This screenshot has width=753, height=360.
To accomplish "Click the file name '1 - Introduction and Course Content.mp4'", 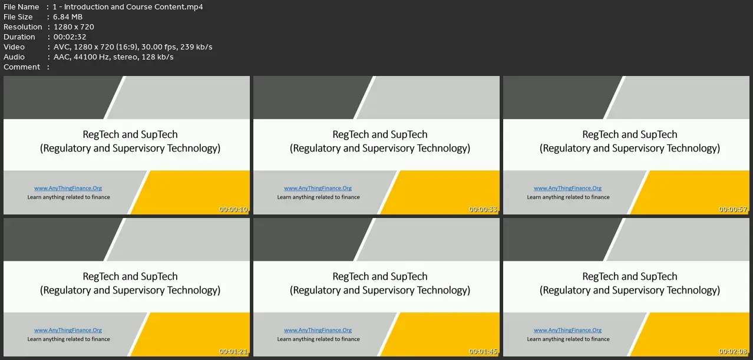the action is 128,6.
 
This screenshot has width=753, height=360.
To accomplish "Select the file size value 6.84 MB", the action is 68,17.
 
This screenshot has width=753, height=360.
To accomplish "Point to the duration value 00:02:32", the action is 70,37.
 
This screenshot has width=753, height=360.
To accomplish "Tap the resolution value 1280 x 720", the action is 74,27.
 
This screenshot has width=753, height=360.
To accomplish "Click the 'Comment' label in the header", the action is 22,67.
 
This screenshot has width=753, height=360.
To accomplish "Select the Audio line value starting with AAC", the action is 114,57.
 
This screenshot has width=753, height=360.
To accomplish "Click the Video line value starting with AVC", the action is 133,47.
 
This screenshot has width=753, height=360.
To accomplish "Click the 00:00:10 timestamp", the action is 233,209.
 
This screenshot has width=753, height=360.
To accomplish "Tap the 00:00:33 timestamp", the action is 483,209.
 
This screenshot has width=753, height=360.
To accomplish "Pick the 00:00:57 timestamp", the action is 733,209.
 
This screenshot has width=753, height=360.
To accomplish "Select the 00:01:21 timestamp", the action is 233,351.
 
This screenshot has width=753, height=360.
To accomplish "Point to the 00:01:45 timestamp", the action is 483,351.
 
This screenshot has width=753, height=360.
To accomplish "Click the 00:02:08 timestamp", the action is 733,351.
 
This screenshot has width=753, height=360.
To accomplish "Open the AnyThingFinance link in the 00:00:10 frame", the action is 68,188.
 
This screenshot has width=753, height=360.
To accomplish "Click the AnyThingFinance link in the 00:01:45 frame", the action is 318,330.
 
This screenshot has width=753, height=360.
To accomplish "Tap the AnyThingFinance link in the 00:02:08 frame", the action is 567,330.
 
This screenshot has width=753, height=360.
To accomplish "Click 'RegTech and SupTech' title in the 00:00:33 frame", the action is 380,134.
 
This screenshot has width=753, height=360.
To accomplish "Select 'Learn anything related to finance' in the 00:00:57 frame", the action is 568,197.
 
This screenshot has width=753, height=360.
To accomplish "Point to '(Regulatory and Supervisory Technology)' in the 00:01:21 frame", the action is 130,290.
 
